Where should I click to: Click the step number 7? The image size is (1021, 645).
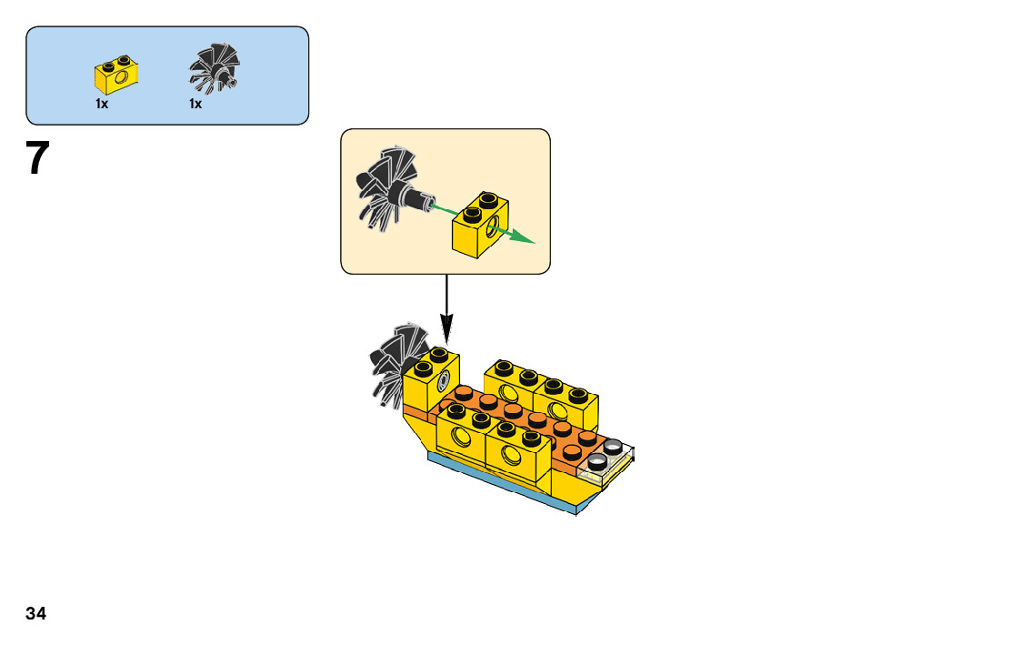(x=37, y=159)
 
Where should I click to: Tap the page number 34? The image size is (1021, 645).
(x=35, y=613)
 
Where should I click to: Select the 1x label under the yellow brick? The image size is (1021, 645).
(x=102, y=105)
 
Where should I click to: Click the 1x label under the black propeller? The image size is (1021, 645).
(x=195, y=105)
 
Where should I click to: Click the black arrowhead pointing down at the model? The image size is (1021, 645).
(x=446, y=329)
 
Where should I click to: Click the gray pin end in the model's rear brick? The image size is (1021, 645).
(x=445, y=379)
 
